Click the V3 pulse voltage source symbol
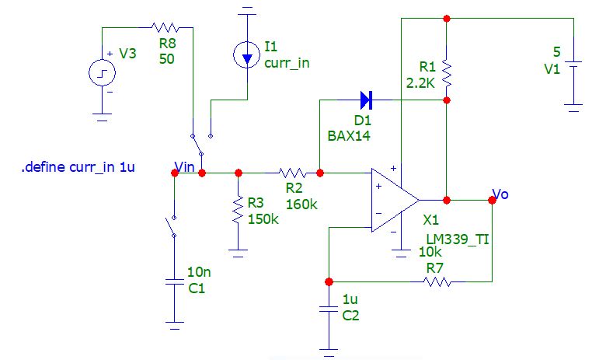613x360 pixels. point(102,75)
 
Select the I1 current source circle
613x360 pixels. point(246,54)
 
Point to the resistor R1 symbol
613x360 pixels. point(446,71)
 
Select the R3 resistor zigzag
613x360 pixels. point(239,211)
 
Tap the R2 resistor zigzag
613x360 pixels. point(293,173)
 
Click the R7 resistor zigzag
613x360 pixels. point(437,281)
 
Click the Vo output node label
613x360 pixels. point(501,194)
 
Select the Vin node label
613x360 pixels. point(185,166)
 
